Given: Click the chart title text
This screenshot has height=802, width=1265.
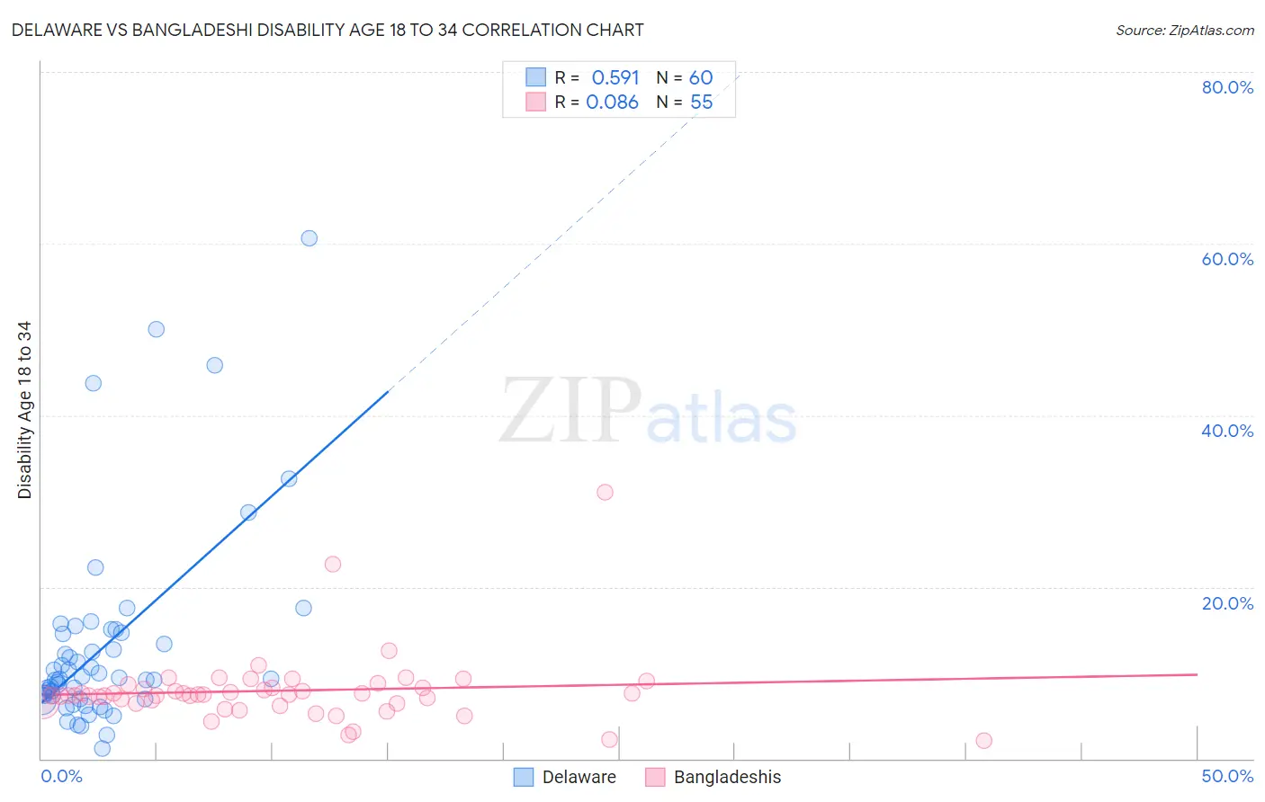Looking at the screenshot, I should (x=327, y=30).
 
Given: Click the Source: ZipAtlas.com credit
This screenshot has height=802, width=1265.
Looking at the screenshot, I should (x=1184, y=30).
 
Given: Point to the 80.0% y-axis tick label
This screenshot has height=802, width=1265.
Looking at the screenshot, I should (x=1227, y=87).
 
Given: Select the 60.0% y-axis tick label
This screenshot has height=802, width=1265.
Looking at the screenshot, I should (x=1227, y=259).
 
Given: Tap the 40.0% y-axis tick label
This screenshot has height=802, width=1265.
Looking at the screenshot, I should (x=1227, y=431).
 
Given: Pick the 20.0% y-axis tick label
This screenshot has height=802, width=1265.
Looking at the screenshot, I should (x=1227, y=603).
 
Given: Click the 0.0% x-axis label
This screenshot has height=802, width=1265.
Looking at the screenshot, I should (x=61, y=776).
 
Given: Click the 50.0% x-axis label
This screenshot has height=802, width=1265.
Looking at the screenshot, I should (x=1227, y=776).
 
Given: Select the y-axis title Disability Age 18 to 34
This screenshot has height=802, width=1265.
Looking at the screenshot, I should (x=24, y=410).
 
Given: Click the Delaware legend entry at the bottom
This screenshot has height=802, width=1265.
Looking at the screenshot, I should (x=579, y=777).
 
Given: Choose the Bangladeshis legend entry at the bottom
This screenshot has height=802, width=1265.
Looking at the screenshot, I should (x=727, y=777).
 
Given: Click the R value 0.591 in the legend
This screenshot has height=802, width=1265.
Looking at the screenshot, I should (x=615, y=77).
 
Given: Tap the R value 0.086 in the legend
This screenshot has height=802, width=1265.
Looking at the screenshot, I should (x=612, y=102).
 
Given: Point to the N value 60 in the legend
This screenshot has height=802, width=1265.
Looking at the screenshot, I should (x=701, y=77).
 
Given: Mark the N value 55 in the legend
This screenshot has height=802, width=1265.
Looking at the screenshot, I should (x=701, y=102).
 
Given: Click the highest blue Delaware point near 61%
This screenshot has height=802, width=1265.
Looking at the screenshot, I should (x=310, y=238).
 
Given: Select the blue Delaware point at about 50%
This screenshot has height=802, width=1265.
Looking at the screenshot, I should (x=157, y=329).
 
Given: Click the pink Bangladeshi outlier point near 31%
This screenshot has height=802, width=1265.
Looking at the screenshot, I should (x=605, y=492).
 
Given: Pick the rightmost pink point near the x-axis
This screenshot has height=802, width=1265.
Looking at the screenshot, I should (x=983, y=741).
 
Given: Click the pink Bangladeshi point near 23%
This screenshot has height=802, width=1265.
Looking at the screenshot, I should (x=333, y=565).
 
